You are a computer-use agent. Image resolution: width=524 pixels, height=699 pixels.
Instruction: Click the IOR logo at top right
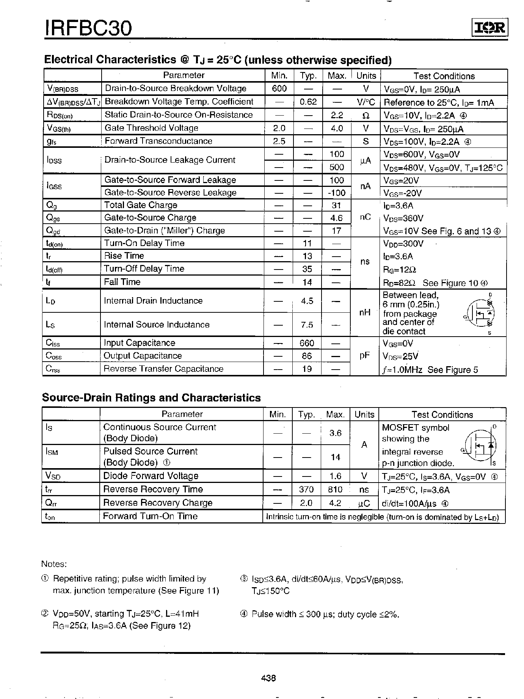point(489,28)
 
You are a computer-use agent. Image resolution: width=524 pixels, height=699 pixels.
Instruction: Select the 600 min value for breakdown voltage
point(279,88)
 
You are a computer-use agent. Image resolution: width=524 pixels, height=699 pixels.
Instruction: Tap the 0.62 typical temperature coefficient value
point(308,102)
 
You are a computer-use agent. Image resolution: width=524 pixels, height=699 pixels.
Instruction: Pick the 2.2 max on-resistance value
point(337,115)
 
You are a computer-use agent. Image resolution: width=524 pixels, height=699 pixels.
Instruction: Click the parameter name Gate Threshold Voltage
point(151,128)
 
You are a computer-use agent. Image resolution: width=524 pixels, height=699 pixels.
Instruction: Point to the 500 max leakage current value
point(337,167)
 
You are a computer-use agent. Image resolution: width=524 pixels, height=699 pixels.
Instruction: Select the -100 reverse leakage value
point(336,193)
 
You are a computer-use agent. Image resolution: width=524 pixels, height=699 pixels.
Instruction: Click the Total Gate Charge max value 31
point(336,205)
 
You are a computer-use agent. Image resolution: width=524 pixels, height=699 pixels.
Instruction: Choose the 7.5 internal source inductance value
point(307,325)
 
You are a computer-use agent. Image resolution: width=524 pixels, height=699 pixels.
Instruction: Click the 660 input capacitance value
point(307,343)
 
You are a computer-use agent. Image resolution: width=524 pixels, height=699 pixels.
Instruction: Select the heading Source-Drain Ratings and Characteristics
point(151,398)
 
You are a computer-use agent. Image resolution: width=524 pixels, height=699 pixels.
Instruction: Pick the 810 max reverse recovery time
point(335,489)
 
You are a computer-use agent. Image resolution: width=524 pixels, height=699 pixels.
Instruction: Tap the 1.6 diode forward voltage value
point(336,476)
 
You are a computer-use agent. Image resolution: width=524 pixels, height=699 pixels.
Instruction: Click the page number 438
point(268,678)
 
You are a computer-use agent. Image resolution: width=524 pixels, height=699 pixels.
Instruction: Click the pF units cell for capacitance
point(364,356)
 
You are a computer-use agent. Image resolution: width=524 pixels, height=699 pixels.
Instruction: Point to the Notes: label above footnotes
point(54,564)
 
